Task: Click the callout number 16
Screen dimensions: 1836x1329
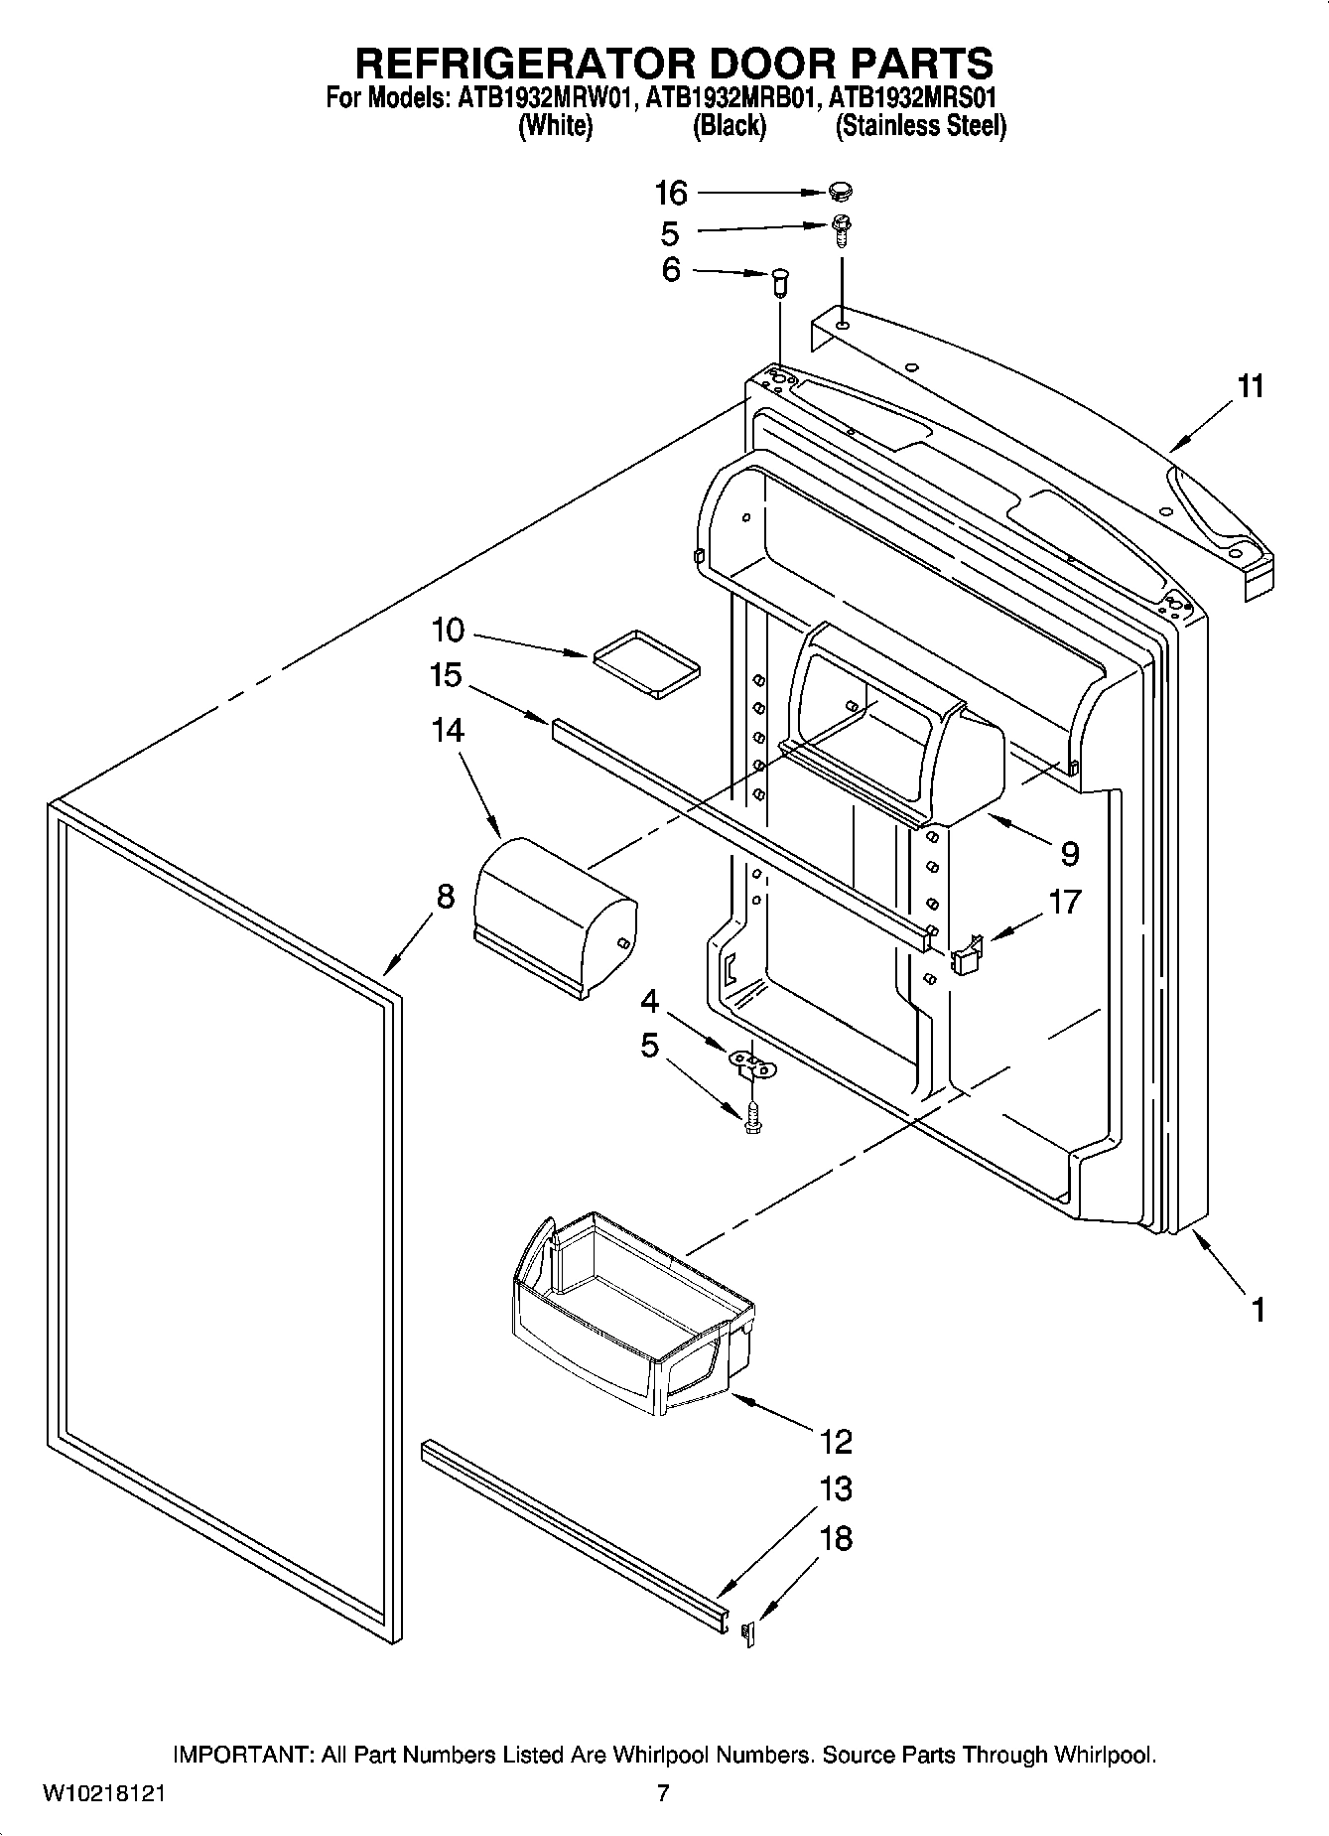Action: [x=671, y=193]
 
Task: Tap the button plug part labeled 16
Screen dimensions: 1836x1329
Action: [x=841, y=191]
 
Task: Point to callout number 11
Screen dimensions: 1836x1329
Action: [x=1252, y=386]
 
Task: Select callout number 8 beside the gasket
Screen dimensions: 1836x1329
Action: [x=446, y=897]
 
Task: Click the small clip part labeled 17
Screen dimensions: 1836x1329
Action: [x=967, y=955]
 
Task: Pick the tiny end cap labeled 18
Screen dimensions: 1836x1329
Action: [x=750, y=1634]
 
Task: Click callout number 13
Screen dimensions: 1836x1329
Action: [x=836, y=1489]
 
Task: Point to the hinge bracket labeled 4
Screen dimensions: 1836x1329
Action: [x=752, y=1063]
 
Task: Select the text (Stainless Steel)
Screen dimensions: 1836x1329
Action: [x=920, y=126]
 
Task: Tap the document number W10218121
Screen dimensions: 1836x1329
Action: [x=104, y=1794]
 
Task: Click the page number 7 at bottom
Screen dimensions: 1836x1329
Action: [x=663, y=1793]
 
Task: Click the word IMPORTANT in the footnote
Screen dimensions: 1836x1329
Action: [x=242, y=1755]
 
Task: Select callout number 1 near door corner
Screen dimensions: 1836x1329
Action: [x=1258, y=1311]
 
